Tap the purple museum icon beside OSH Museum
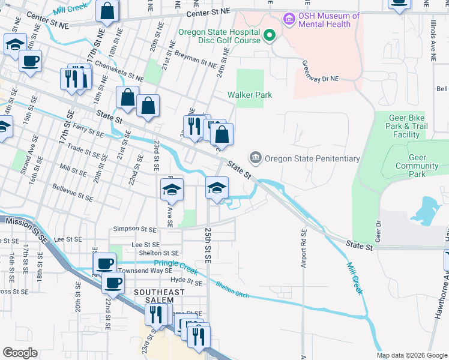tap(290, 20)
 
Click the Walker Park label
tap(250, 95)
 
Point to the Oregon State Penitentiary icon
tap(256, 158)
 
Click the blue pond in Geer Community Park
tap(425, 212)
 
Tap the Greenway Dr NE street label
tap(321, 70)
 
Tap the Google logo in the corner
tap(20, 353)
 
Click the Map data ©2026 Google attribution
tap(412, 355)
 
